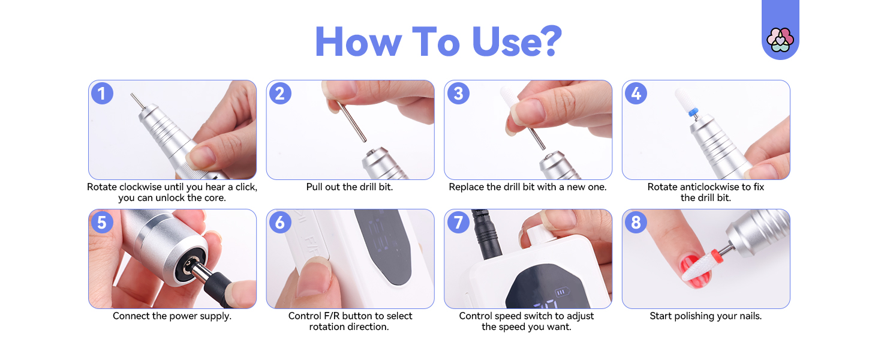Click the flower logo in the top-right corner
(x=780, y=40)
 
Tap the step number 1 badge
(x=101, y=94)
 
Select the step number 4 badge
(x=636, y=94)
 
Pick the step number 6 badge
(x=279, y=223)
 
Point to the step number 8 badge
(x=636, y=223)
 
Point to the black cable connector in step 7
(x=486, y=231)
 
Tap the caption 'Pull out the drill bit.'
(x=350, y=187)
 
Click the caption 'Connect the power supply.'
(x=172, y=316)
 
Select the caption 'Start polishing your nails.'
(x=705, y=316)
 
